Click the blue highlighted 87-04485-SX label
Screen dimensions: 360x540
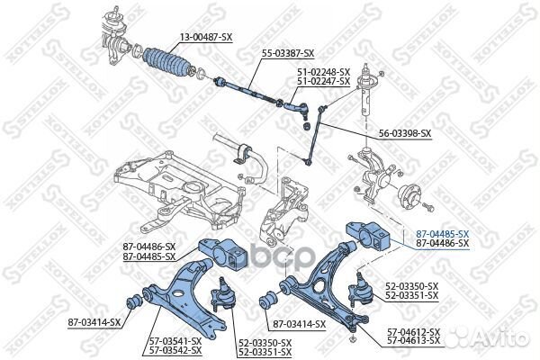pyautogui.click(x=442, y=233)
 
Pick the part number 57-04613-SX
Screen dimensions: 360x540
pyautogui.click(x=414, y=341)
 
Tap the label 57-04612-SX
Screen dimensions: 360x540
pyautogui.click(x=414, y=332)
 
